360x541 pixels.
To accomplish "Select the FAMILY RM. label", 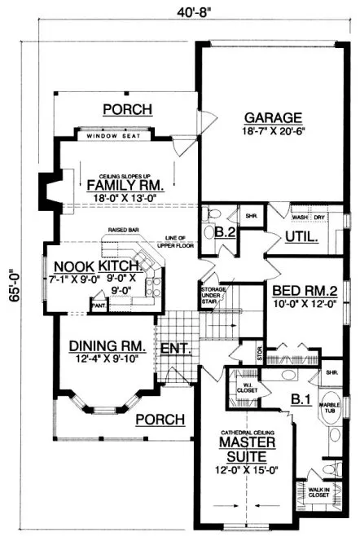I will [x=125, y=185].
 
